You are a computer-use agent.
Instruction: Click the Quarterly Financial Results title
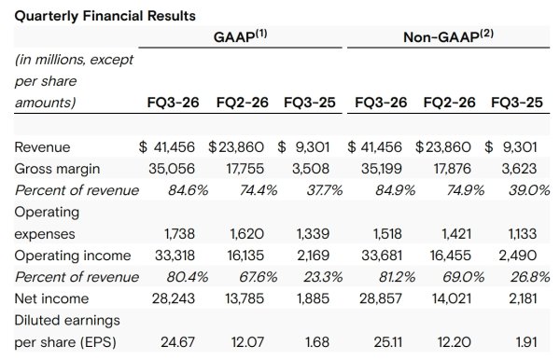(105, 16)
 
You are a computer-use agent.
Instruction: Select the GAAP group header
(241, 36)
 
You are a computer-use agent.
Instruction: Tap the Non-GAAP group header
(449, 36)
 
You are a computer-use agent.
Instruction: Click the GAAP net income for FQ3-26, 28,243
(174, 298)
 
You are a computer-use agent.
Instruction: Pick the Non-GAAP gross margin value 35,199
(382, 169)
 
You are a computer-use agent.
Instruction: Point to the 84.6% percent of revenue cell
(188, 190)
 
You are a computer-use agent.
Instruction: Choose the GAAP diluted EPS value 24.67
(178, 342)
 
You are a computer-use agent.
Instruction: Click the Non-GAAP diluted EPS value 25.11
(388, 342)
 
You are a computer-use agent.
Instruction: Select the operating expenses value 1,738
(179, 234)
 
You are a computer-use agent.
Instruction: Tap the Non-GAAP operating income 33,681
(382, 256)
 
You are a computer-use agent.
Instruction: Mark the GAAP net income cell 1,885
(314, 298)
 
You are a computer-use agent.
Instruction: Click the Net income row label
(51, 298)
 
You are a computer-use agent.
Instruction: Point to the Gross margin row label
(57, 169)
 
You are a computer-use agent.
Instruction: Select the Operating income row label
(73, 256)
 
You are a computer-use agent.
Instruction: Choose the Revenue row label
(42, 147)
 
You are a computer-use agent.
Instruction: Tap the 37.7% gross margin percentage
(324, 190)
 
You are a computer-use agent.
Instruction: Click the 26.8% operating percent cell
(530, 277)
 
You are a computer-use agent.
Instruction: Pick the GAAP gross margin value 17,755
(245, 169)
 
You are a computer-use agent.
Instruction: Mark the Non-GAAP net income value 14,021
(452, 298)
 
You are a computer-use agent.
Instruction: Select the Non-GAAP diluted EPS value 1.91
(526, 342)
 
